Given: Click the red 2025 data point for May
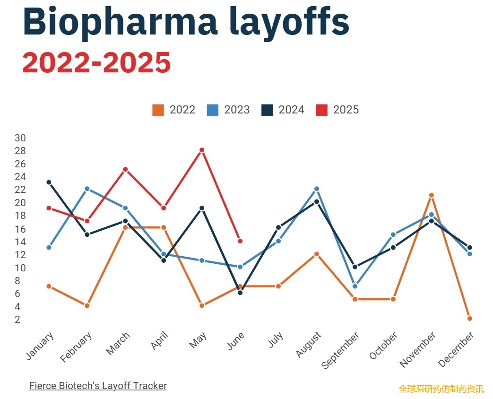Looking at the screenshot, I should [x=202, y=150].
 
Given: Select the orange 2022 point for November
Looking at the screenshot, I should [x=431, y=195].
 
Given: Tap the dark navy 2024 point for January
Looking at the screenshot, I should [x=49, y=182].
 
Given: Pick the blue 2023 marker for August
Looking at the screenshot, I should [x=317, y=189].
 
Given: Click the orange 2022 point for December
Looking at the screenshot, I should [x=469, y=318].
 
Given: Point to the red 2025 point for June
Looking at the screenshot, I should [x=240, y=241].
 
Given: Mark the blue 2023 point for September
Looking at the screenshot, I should [x=355, y=286].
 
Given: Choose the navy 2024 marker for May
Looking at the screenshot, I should [x=202, y=208].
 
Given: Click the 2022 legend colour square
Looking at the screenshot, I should [x=158, y=110].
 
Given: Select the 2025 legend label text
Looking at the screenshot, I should [x=346, y=110].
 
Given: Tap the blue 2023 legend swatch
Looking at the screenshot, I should [x=213, y=110].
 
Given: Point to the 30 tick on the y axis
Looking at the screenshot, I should [x=20, y=138].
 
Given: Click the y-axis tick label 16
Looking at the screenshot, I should [x=20, y=229].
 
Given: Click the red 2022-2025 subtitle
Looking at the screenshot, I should [x=96, y=62].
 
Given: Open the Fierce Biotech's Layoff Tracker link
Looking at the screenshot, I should [x=98, y=386].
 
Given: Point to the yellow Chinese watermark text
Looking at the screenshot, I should [x=441, y=389].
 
